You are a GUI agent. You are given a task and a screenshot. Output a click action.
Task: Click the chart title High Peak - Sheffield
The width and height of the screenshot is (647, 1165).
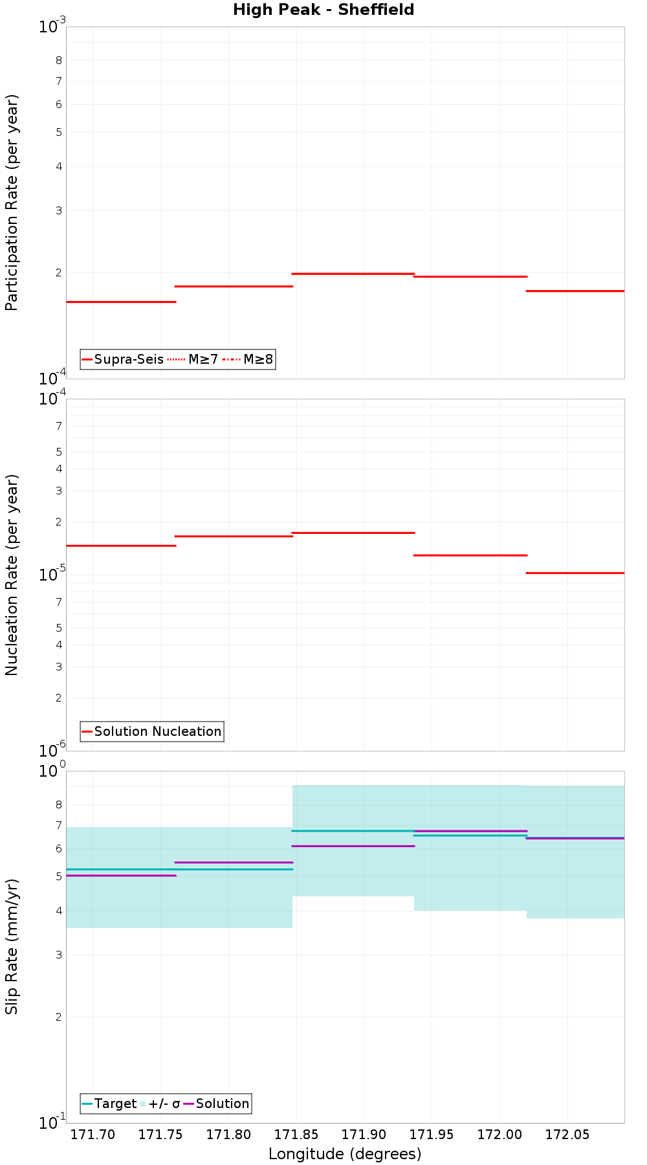click(323, 10)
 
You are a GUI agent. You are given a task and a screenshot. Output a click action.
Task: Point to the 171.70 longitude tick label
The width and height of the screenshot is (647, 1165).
click(93, 1135)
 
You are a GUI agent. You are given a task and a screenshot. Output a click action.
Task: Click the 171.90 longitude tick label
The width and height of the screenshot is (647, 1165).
click(364, 1135)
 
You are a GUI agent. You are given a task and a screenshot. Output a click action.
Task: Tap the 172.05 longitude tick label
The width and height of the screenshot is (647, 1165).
click(567, 1135)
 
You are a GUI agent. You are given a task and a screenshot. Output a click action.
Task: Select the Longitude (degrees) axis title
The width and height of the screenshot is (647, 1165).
click(345, 1153)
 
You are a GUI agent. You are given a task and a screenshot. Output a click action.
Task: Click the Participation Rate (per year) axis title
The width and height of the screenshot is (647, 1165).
click(12, 203)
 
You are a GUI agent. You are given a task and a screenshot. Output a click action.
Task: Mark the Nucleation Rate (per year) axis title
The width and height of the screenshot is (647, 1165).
click(12, 575)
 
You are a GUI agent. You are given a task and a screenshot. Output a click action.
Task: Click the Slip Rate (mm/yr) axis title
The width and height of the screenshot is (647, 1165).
click(12, 947)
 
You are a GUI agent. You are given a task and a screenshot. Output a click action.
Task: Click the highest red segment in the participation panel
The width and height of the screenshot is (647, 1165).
click(353, 274)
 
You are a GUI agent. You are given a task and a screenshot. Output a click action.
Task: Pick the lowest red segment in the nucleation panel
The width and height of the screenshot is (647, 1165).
click(575, 573)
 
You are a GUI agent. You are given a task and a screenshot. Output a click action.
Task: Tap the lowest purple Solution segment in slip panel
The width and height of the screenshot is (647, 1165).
click(121, 876)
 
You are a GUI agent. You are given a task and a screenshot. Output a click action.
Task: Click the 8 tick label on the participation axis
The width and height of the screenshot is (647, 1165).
click(59, 61)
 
